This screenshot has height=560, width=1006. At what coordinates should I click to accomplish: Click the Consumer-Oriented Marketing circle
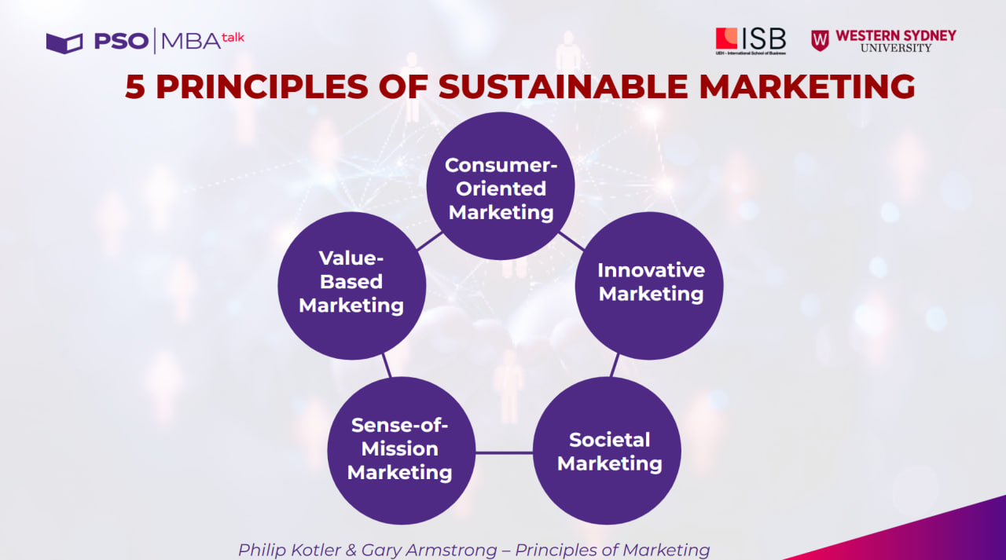(501, 186)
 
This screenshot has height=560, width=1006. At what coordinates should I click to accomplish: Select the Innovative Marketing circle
(649, 285)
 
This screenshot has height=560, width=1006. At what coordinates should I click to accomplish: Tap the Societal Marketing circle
(607, 451)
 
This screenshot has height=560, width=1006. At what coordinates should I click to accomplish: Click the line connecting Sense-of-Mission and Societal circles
(504, 452)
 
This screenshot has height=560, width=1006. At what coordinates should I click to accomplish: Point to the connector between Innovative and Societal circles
(615, 364)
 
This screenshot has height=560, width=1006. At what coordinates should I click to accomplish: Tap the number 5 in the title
(135, 86)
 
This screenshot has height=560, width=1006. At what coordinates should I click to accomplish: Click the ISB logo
(750, 40)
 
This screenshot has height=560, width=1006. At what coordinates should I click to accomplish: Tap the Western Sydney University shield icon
(820, 40)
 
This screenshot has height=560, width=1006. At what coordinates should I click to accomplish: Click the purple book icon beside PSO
(64, 42)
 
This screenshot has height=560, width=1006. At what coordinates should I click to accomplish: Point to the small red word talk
(233, 36)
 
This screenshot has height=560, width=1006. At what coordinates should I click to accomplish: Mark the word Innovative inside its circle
(651, 270)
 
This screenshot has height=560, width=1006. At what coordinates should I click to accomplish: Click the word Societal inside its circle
(610, 439)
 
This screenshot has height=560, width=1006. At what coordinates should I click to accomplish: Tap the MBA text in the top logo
(190, 42)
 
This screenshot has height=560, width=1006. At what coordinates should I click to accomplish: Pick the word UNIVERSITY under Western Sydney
(895, 48)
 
